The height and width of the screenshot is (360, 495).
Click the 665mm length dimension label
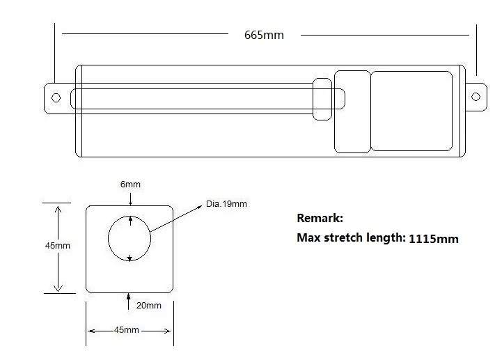[264, 35]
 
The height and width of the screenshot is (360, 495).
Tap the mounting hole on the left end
[56, 98]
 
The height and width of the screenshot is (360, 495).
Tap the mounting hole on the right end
[476, 97]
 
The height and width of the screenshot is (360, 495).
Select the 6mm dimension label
[130, 184]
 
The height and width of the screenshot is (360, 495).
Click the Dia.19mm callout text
[226, 204]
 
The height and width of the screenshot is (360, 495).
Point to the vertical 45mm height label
[58, 245]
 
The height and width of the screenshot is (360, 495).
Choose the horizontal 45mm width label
[127, 329]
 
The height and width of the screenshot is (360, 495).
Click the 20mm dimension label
[149, 306]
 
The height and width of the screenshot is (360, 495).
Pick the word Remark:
[320, 218]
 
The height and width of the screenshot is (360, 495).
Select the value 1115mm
[434, 239]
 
